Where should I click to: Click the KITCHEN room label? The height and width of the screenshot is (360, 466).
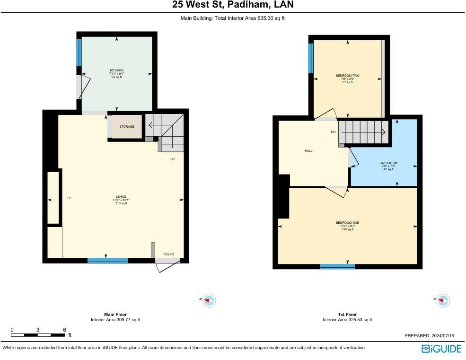coord(116,70)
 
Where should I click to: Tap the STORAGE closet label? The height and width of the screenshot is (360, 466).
coord(127,127)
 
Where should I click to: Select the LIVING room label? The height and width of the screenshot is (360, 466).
coord(121,197)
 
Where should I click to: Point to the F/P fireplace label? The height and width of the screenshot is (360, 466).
coord(69,198)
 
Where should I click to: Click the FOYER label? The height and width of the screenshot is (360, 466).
coord(168,255)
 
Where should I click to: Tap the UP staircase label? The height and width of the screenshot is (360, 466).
coord(172,159)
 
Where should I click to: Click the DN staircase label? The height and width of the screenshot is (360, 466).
coord(333,132)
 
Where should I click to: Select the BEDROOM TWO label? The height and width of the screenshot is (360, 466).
coord(347,76)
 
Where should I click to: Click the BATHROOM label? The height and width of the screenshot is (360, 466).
coord(388,163)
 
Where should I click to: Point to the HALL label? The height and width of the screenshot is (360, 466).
coord(308,151)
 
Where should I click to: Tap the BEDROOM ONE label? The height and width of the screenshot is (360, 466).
coord(347,223)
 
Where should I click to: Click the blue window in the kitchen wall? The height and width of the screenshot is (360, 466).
coord(79,53)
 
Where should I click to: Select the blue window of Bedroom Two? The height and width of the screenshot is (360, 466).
coord(310,58)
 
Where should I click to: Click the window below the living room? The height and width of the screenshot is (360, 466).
coord(107,261)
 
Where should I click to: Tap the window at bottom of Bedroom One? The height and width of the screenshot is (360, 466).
coord(337,267)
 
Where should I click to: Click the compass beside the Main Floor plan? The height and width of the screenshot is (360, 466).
coord(209,300)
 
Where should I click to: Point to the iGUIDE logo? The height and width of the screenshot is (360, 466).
coord(441,349)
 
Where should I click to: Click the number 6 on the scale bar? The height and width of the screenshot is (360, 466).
coord(64,330)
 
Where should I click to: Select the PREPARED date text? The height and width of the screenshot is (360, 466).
coord(429,335)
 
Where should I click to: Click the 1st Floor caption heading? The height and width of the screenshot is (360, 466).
coord(347,314)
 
